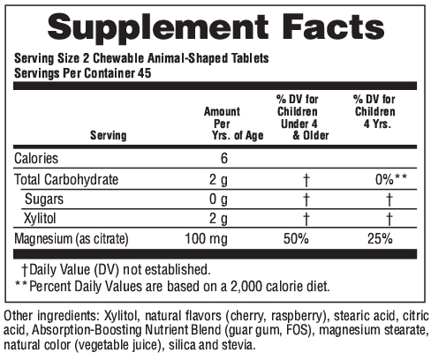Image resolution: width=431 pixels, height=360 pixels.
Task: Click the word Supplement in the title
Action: [158, 28]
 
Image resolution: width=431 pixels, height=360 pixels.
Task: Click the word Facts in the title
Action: [333, 26]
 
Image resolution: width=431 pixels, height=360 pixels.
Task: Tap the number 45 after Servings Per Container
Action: [144, 73]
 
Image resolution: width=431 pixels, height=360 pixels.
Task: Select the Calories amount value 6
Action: [224, 158]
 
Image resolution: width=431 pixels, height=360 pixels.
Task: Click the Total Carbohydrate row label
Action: [66, 179]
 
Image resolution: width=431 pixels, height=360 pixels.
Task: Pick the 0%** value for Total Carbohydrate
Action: [391, 179]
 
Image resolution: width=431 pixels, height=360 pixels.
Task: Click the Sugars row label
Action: [44, 199]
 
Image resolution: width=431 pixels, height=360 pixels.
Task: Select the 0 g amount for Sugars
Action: [218, 199]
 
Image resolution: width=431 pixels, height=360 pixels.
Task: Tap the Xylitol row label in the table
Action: [40, 219]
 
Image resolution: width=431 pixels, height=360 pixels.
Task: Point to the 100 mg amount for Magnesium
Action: [207, 239]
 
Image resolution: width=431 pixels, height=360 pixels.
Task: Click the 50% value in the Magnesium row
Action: [296, 238]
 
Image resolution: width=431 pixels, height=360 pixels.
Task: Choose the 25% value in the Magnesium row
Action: [380, 238]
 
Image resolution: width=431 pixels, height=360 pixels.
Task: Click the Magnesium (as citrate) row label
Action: [72, 239]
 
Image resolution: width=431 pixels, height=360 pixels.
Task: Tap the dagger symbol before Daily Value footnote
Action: [25, 270]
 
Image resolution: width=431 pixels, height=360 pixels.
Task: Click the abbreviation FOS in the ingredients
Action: [298, 330]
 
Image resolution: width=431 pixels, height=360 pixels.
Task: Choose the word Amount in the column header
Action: [222, 112]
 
